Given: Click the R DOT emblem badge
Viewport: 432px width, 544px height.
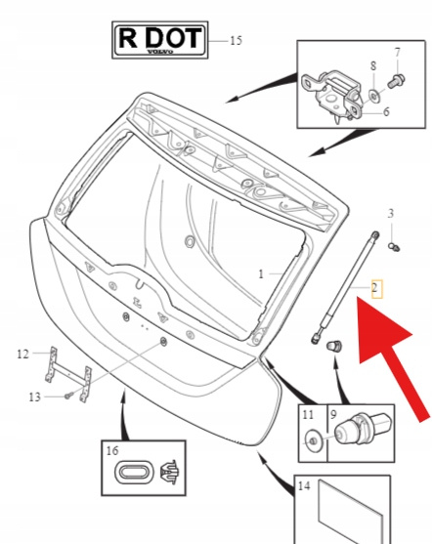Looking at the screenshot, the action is pos(160,39).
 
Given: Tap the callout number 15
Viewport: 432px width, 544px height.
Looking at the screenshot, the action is pos(236,41).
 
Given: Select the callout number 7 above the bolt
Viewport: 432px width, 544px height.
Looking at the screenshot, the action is pos(398,52).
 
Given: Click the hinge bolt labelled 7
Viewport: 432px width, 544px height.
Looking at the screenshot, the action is pos(396,81).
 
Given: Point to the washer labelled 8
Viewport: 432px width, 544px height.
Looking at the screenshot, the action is pos(374,96).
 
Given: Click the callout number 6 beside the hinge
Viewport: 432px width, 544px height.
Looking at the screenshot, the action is pos(386,111).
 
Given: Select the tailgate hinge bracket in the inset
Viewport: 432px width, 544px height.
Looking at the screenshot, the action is pos(330,95).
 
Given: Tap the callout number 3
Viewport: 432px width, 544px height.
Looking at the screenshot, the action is pos(391,213).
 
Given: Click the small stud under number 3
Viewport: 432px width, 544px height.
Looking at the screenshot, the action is pos(394,247).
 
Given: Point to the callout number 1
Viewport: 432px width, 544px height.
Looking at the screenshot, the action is pos(261,274).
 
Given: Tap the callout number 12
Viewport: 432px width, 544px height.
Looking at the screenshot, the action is pos(22,354).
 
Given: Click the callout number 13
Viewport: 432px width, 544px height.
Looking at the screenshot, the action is pos(34,397).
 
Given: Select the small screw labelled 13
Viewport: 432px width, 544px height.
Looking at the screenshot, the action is pos(69,395).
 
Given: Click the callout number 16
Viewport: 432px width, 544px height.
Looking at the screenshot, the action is pos(112,450).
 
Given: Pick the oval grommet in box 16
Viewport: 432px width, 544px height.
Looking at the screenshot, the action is pos(133,472).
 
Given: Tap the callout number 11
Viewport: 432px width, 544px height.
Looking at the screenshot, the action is pos(308,414).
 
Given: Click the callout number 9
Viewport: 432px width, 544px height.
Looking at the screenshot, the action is pos(333,414).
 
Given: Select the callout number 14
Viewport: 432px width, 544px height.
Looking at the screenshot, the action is pos(304,485).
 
